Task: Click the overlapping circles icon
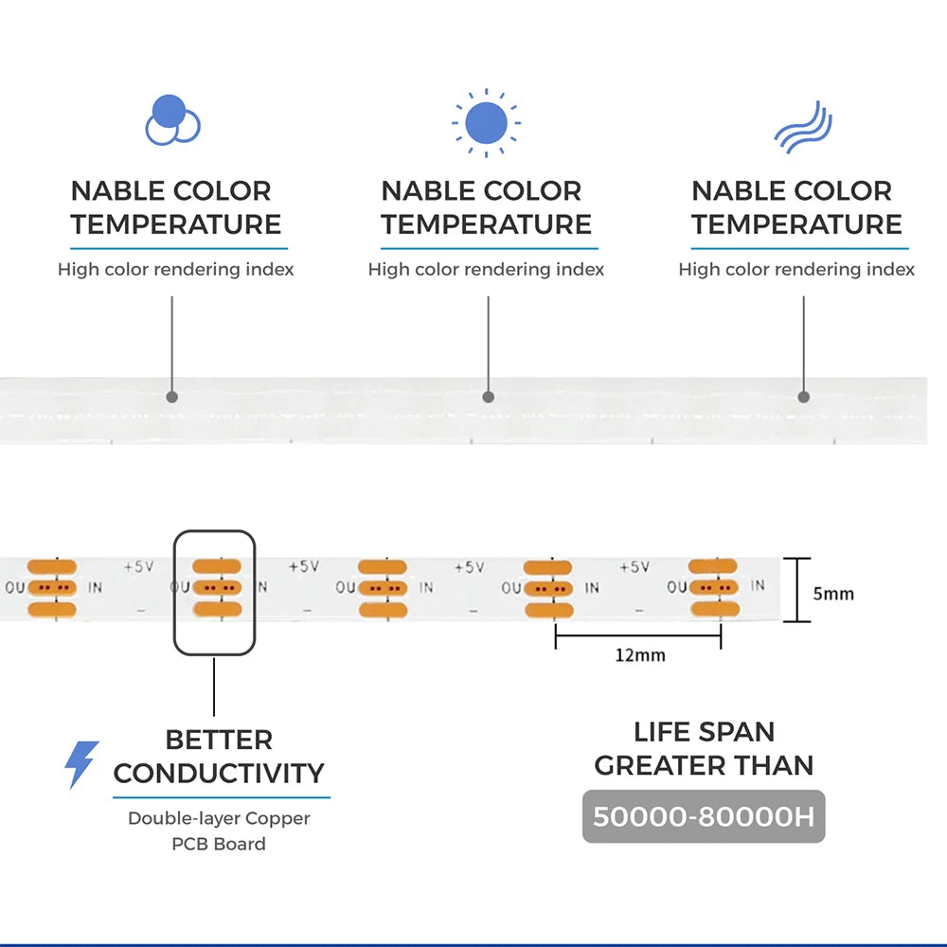(x=172, y=120)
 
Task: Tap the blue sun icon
(x=486, y=122)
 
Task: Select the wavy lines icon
(x=803, y=128)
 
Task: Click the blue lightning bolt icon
(x=81, y=764)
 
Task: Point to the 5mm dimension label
(x=833, y=594)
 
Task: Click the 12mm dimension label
(x=640, y=654)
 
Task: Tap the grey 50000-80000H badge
(x=704, y=816)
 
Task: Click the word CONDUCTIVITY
(x=219, y=773)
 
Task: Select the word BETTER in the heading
(x=219, y=740)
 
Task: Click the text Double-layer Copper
(x=219, y=817)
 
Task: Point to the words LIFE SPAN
(x=704, y=732)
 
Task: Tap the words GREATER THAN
(x=704, y=765)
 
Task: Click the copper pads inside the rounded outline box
(x=217, y=588)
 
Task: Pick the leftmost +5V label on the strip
(x=138, y=566)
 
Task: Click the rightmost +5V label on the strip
(x=634, y=566)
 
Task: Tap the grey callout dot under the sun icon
(x=488, y=397)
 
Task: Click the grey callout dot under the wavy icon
(x=803, y=397)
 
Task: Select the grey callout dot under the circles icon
(x=172, y=397)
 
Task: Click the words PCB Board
(x=219, y=844)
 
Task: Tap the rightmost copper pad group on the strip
(x=713, y=588)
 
